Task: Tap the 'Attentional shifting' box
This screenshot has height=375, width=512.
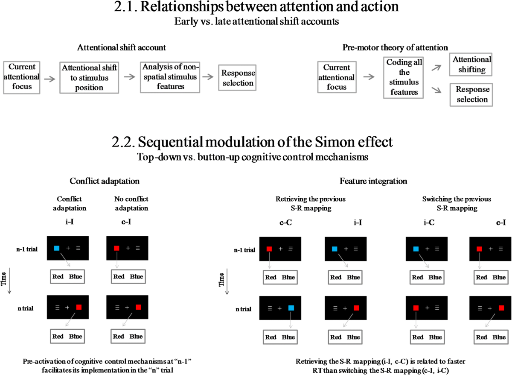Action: [472, 65]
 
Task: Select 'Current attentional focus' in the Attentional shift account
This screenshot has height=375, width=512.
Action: [21, 77]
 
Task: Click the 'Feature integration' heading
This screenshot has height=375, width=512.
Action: [373, 181]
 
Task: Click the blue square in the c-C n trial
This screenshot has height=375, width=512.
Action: [291, 308]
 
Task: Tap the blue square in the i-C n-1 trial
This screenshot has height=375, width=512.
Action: [416, 249]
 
